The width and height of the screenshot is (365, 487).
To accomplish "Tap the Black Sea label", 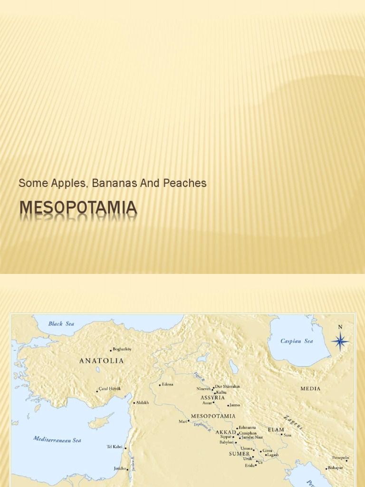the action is click(x=61, y=324).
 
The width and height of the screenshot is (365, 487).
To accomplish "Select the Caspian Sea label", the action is click(x=297, y=341).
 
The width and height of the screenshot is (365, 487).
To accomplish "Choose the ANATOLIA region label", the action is click(x=101, y=361).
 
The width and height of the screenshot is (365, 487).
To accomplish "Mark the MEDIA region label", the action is click(x=310, y=389).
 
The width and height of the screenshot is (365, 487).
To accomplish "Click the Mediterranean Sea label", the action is click(x=57, y=439).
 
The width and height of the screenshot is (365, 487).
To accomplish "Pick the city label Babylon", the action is click(x=226, y=442).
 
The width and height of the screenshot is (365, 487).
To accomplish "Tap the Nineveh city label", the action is click(x=203, y=389).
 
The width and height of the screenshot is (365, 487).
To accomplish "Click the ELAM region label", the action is click(x=276, y=429).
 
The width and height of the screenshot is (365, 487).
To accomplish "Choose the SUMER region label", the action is click(x=239, y=454).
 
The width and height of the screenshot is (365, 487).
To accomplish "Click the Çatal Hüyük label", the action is click(x=110, y=389).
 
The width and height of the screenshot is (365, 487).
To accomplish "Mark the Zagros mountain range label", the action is click(x=293, y=423).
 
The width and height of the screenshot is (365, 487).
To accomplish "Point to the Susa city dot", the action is click(x=281, y=435).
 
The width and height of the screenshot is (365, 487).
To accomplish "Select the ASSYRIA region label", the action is click(x=212, y=398).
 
